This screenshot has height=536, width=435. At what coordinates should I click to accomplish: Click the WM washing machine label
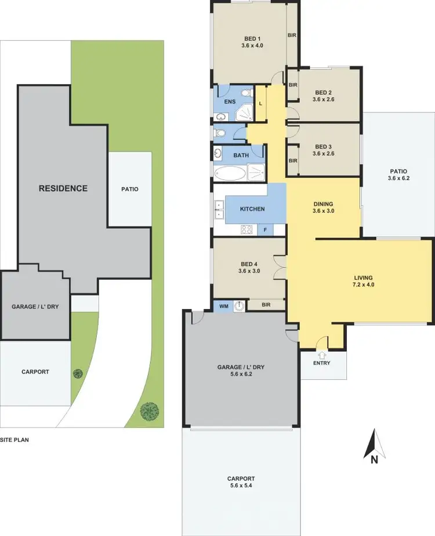point(223,305)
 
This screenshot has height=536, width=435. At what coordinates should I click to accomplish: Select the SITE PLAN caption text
point(14,440)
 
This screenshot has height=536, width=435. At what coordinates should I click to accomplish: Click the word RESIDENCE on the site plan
point(63,188)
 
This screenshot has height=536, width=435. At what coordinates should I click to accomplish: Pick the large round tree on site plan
point(150,411)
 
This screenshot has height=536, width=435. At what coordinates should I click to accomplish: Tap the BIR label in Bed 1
point(292,35)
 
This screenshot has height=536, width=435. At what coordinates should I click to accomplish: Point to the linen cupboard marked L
point(260,103)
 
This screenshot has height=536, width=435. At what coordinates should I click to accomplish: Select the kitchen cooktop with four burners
point(246,229)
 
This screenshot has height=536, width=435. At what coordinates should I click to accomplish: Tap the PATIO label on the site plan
point(130,189)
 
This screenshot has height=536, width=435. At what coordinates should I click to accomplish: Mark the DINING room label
point(323,204)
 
